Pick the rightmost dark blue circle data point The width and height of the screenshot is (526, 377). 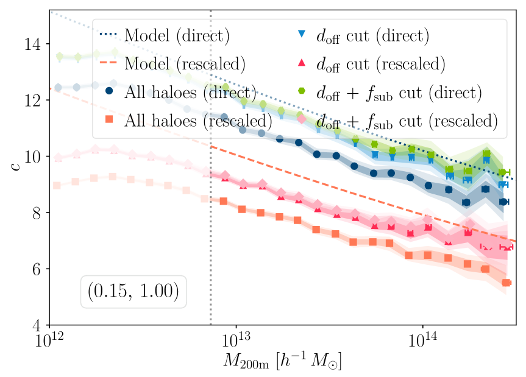pos(503,202)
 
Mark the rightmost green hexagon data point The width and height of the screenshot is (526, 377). pos(503,172)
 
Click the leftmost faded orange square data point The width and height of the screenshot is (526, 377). pos(57,185)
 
